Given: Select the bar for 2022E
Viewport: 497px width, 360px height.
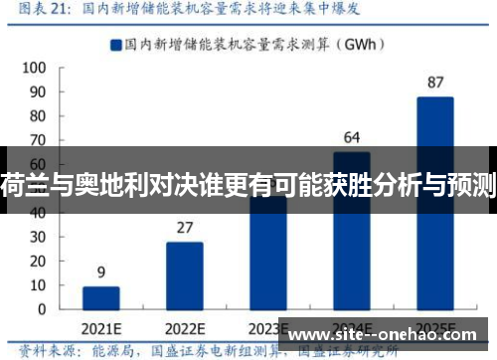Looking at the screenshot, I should [184, 277].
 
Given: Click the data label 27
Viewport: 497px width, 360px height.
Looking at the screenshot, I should [184, 228].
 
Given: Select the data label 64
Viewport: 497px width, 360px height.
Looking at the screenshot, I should [352, 137].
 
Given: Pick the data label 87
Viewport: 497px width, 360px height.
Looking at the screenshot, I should [434, 82].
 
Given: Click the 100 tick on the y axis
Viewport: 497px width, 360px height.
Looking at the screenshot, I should [33, 68].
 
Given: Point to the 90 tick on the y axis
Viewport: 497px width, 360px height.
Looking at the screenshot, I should [36, 92].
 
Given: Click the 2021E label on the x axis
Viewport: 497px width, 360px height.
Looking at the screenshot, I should [101, 329].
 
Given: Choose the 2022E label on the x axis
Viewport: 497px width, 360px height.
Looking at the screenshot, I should [185, 329].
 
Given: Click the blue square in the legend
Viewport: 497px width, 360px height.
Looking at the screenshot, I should [115, 44].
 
